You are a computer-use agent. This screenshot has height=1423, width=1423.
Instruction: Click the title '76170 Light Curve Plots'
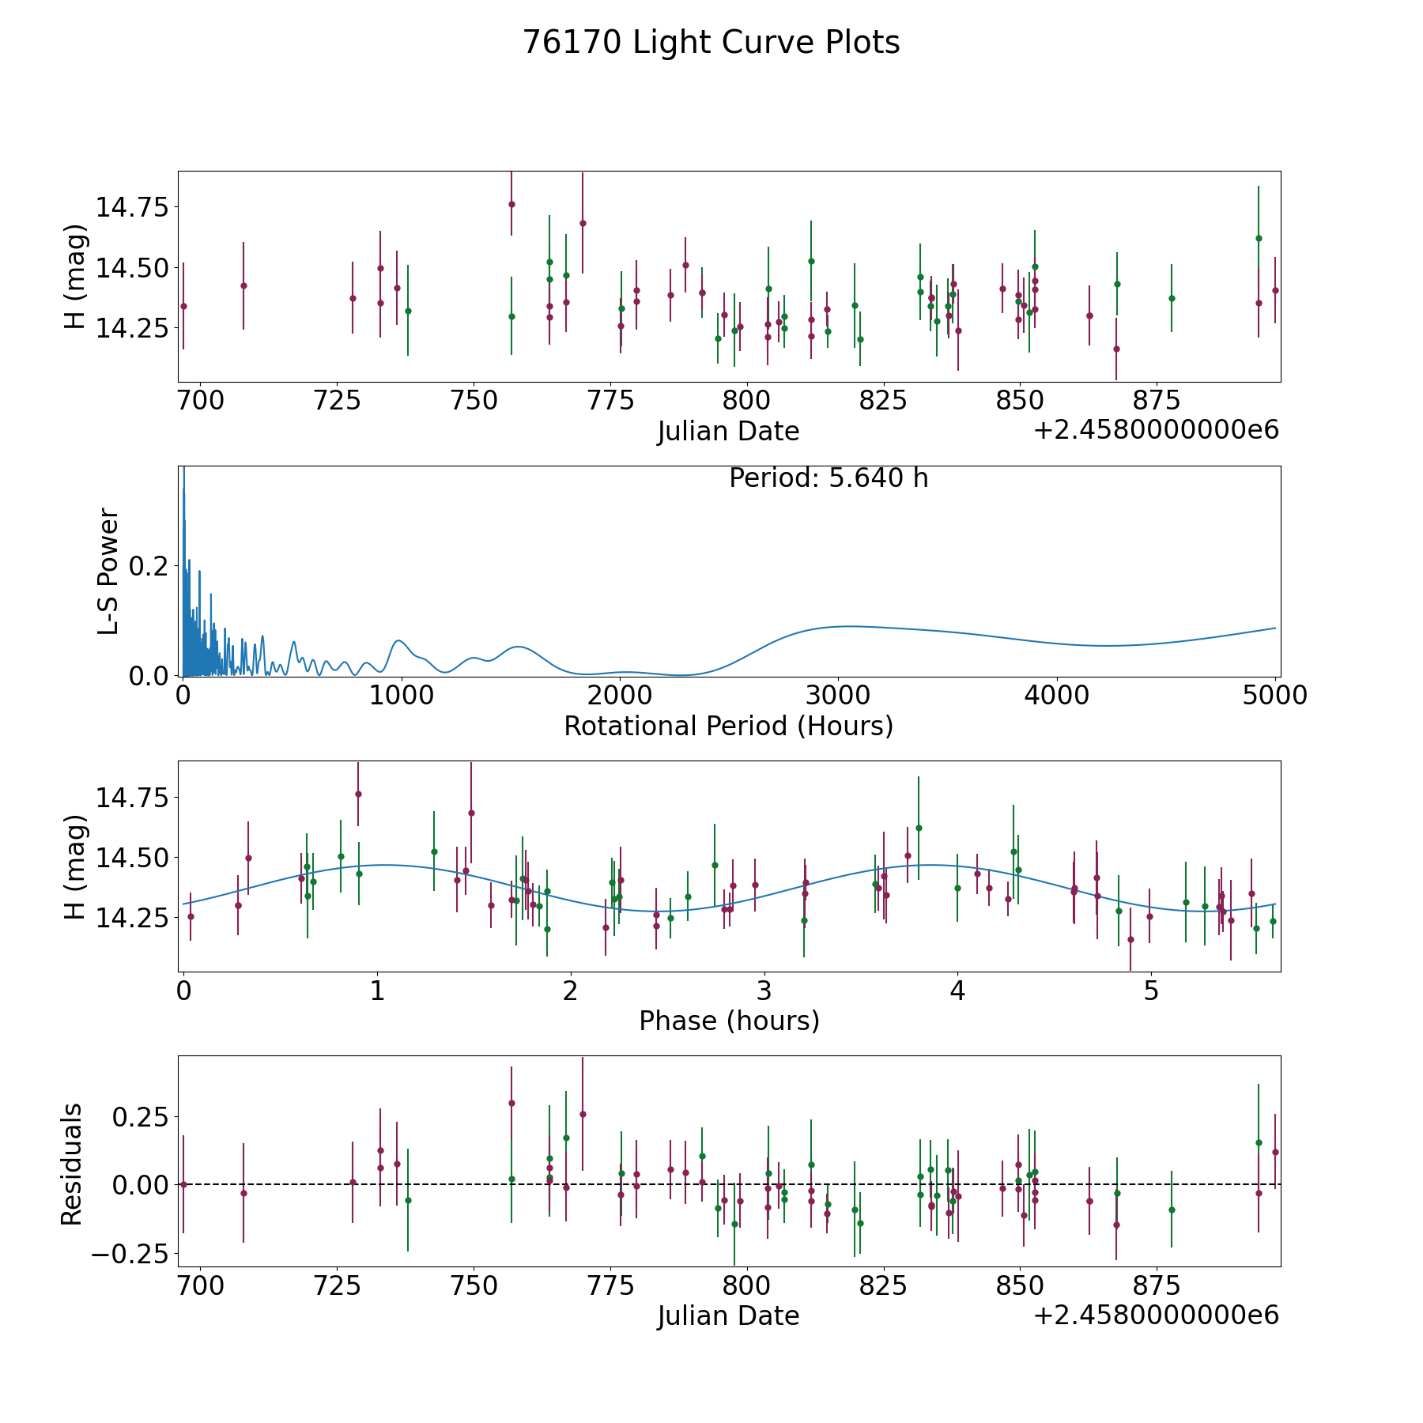click(x=711, y=43)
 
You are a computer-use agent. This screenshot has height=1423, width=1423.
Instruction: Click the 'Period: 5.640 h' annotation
click(x=828, y=478)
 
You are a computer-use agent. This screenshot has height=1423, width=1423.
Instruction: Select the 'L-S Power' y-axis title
click(x=108, y=571)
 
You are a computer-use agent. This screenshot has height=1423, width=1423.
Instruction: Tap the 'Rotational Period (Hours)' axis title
click(x=728, y=726)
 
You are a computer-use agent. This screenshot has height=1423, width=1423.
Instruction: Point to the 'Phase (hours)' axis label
click(x=728, y=1021)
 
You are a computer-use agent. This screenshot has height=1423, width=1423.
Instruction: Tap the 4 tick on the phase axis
click(x=957, y=991)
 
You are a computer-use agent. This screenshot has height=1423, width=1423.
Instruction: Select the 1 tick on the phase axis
click(x=377, y=991)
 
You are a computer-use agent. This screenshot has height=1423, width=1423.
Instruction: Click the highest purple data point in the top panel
click(x=511, y=204)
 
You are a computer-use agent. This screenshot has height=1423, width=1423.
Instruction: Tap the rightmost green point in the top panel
click(x=1259, y=238)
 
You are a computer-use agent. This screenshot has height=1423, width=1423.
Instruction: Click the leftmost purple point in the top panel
click(x=183, y=306)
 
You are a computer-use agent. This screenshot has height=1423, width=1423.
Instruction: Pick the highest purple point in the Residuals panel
click(x=511, y=1103)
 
